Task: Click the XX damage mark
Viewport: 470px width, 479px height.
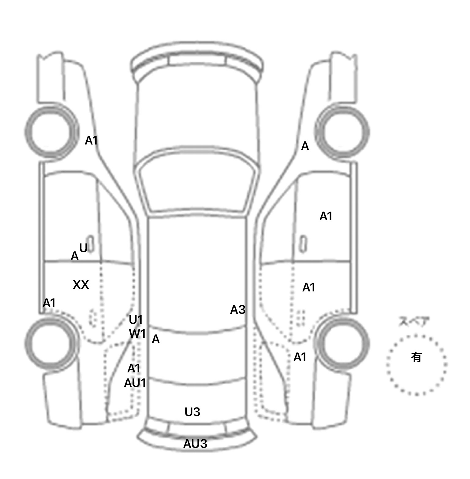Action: [x=81, y=285]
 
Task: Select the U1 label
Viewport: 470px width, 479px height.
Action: [x=136, y=320]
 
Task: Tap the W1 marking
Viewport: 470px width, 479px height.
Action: [x=137, y=334]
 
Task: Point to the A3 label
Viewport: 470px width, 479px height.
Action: [x=238, y=310]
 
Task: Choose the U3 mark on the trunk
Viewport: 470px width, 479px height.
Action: [x=192, y=412]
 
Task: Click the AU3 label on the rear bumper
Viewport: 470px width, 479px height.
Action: [x=195, y=444]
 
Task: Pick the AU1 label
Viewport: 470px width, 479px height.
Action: [x=135, y=383]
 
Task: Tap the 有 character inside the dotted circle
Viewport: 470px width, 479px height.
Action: [x=416, y=357]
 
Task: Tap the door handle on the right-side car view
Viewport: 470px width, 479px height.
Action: [x=303, y=244]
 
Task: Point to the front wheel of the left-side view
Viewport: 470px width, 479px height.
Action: [x=51, y=131]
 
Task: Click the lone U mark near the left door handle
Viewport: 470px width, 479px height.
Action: [x=83, y=247]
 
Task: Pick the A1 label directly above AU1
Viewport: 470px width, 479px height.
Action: [x=134, y=369]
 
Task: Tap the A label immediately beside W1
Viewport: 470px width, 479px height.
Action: [x=156, y=339]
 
